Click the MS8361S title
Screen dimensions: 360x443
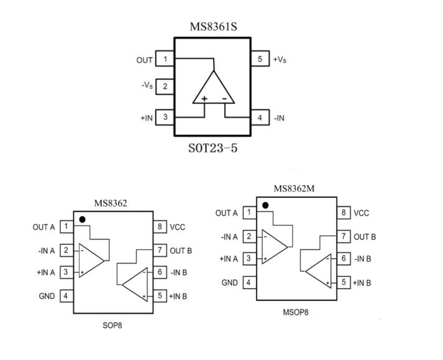click(x=213, y=27)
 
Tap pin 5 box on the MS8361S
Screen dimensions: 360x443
click(x=260, y=60)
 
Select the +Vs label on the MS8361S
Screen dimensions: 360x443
click(x=280, y=60)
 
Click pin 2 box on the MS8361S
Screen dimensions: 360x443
click(x=165, y=86)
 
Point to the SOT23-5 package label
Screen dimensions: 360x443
click(x=212, y=149)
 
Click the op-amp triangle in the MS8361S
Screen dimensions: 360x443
click(x=213, y=90)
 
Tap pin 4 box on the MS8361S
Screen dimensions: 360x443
click(x=260, y=117)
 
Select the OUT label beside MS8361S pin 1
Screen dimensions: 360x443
click(x=144, y=60)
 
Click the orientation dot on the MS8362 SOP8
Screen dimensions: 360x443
click(x=83, y=219)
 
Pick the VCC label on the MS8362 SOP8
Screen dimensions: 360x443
click(x=178, y=227)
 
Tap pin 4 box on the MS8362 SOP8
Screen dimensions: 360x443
click(x=65, y=296)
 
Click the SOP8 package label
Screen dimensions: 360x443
click(x=112, y=325)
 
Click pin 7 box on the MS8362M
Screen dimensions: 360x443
click(x=343, y=236)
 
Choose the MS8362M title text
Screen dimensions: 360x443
click(x=295, y=188)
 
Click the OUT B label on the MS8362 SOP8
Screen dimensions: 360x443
click(x=181, y=251)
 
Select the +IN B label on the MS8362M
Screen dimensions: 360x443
click(x=362, y=283)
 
